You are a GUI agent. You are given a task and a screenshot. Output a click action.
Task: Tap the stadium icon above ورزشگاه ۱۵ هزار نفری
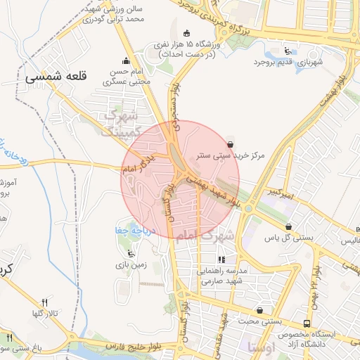[x=186, y=33]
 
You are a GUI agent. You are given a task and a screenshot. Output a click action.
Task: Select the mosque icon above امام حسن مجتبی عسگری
[x=126, y=60]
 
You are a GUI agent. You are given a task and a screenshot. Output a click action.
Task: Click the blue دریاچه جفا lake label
[x=131, y=229]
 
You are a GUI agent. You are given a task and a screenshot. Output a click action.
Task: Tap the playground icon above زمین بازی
[x=129, y=254]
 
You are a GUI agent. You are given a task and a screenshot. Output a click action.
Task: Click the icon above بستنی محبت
[x=260, y=309]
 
